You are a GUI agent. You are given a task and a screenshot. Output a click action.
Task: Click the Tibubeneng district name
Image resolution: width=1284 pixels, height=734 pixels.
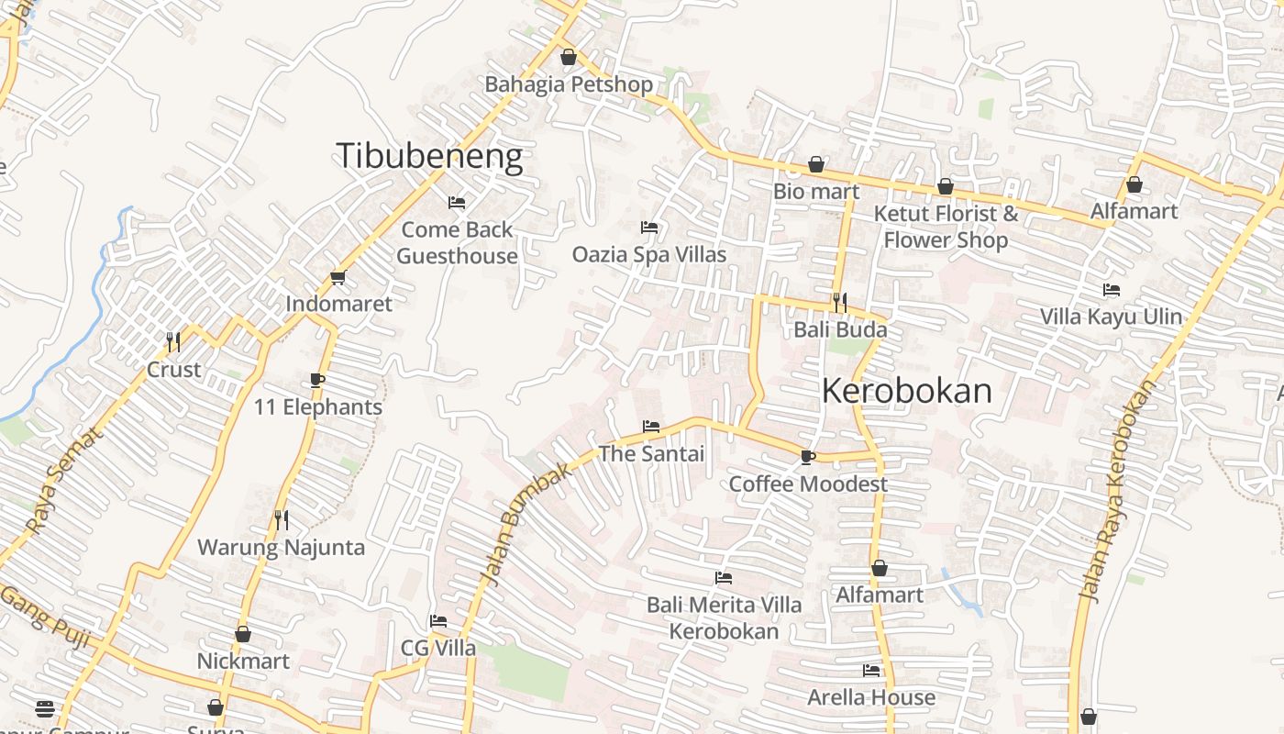point(429,156)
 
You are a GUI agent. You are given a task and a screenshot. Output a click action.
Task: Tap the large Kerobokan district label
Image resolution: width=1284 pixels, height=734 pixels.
point(906,392)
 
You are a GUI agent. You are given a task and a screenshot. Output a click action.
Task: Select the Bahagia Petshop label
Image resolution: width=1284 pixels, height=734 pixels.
point(569,84)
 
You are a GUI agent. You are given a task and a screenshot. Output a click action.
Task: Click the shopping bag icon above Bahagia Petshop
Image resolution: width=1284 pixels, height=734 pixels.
point(569,58)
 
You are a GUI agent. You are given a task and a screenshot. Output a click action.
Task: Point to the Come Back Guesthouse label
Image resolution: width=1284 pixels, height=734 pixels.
point(457,242)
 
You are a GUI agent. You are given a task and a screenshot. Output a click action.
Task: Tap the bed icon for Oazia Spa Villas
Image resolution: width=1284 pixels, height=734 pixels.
point(649,228)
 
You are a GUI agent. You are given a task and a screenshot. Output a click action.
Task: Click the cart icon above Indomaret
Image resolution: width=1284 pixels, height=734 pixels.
point(338,278)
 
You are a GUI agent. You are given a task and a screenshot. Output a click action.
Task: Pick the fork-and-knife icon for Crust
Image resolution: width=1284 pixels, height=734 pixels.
point(172,342)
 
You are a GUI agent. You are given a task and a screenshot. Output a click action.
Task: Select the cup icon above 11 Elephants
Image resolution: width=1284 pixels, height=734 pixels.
point(317,380)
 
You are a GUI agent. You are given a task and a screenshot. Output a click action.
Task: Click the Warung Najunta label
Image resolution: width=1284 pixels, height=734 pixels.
point(281,548)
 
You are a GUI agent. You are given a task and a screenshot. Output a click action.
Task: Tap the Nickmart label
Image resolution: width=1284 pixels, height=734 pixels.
point(243,661)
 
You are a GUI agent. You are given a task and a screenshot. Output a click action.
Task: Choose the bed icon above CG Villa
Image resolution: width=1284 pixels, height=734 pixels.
point(438,621)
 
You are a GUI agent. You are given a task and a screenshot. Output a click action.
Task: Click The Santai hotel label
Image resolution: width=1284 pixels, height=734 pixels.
point(651,453)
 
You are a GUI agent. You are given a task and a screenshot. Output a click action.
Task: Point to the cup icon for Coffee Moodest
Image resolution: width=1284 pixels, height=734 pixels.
point(807,457)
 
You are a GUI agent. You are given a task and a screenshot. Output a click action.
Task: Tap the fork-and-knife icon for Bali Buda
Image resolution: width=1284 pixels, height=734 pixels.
point(839,302)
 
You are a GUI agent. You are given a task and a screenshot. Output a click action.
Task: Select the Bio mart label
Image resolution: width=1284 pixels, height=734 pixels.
point(816,192)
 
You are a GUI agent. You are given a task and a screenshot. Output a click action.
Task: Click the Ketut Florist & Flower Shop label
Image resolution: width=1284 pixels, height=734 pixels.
point(945,227)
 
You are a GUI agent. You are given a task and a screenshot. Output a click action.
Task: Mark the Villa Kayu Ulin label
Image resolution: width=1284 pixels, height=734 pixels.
point(1111,317)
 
